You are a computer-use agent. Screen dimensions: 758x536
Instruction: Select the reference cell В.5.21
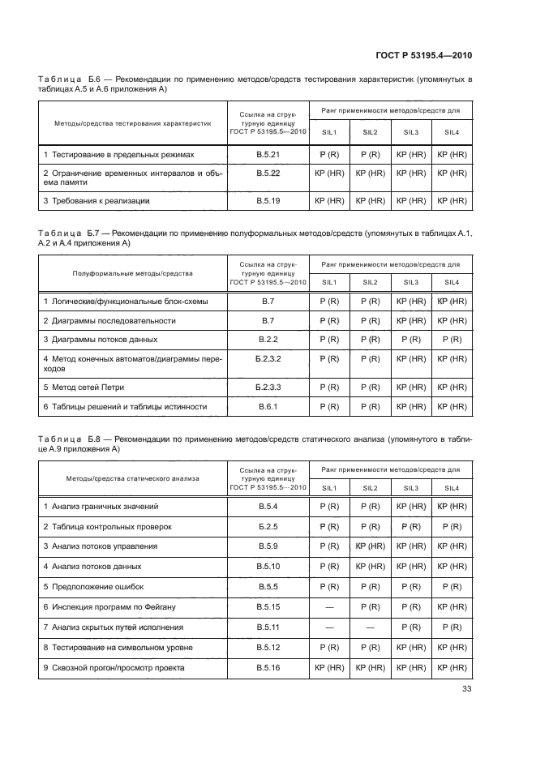coord(268,153)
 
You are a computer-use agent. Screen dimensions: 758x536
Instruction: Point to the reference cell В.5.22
coord(268,173)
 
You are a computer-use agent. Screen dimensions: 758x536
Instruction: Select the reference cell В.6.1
coord(268,406)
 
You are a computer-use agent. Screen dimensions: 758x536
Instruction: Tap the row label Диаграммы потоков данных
coord(100,340)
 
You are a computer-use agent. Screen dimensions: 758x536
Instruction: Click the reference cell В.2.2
coord(268,340)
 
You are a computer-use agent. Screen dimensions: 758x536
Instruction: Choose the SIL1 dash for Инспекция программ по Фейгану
coord(329,607)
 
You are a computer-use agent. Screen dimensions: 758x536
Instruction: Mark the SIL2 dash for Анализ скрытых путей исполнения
coord(370,627)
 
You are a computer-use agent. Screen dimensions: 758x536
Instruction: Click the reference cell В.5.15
coord(268,607)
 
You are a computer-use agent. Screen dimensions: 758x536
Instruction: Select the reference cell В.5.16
coord(268,668)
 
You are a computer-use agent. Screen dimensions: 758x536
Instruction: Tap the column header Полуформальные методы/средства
coord(132,274)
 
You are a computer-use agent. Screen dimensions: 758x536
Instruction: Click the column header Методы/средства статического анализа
coord(132,478)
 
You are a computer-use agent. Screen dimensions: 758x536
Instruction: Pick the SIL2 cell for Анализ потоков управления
coord(370,546)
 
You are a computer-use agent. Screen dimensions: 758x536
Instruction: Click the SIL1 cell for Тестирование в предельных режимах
coord(329,153)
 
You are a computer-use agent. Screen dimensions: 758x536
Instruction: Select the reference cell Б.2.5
coord(268,526)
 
